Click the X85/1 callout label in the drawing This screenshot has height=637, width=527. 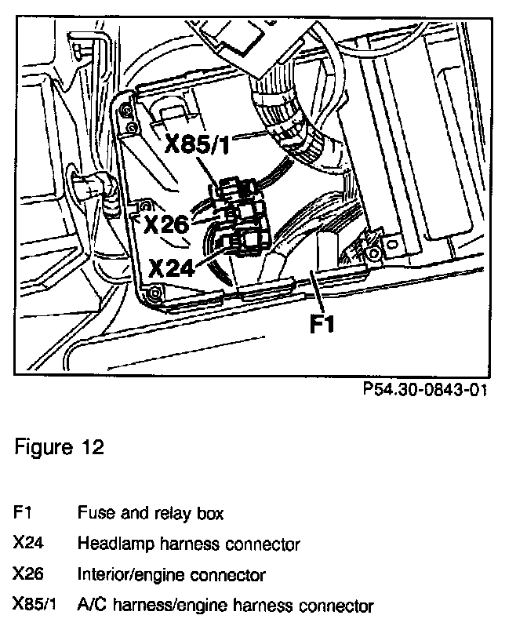click(x=202, y=145)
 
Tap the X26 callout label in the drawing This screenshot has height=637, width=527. click(x=166, y=225)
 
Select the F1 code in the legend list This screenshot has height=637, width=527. click(x=22, y=514)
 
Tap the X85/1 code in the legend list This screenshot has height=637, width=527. click(x=35, y=606)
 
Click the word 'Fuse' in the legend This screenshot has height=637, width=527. click(x=93, y=514)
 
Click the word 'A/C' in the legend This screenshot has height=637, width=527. click(x=91, y=606)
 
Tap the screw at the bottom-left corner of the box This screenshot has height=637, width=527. click(x=154, y=294)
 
